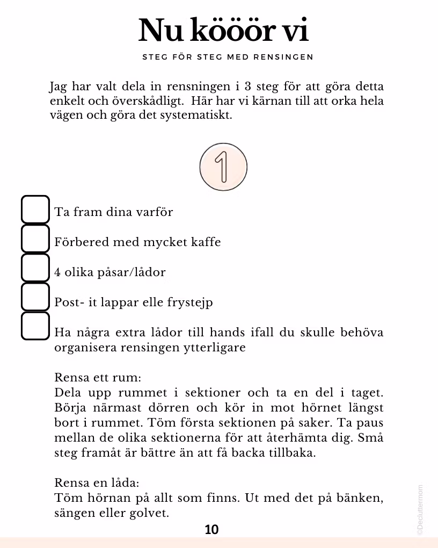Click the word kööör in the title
click(231, 31)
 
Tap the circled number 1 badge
click(223, 166)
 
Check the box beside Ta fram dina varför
click(35, 209)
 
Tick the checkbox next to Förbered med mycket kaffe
click(35, 239)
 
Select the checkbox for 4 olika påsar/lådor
click(35, 268)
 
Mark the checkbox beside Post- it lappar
click(35, 297)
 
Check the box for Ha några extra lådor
click(35, 326)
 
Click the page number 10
click(212, 530)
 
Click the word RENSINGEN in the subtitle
click(290, 57)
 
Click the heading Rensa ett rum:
click(98, 378)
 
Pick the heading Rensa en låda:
click(97, 482)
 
